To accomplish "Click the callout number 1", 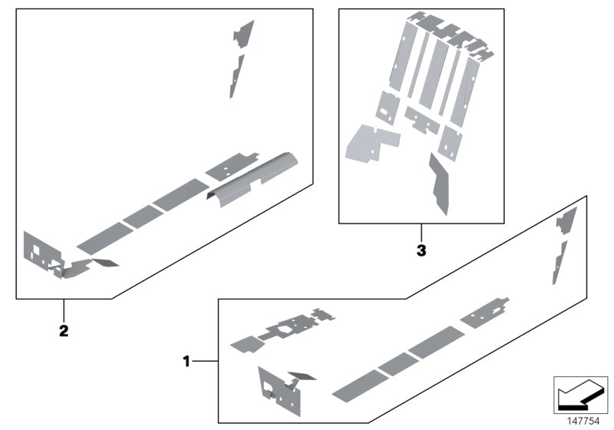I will coord(185,359).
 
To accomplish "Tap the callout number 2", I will coord(64,331).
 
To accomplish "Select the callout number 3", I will coord(420,250).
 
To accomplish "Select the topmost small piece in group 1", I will coord(565,219).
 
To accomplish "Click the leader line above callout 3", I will coord(420,233).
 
